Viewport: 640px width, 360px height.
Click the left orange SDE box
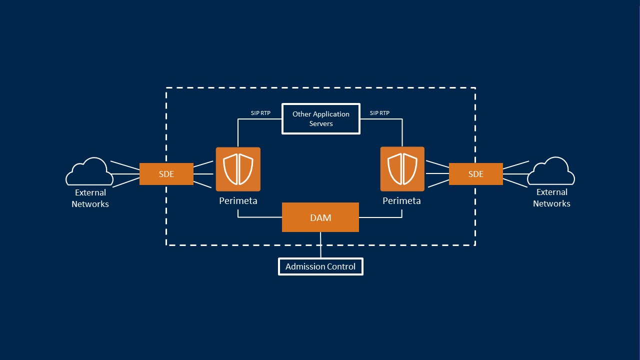166,174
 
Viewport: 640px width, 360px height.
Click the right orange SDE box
475,174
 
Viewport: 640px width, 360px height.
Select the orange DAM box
320,217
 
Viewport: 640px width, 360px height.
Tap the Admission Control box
320,266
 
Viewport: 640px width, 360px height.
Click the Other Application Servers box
320,118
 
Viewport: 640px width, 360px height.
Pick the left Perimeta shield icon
238,169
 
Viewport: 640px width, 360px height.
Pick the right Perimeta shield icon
402,169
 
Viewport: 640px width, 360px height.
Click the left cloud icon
90,171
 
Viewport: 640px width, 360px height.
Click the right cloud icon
551,171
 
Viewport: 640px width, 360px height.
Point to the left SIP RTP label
260,113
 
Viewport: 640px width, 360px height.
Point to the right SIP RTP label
379,113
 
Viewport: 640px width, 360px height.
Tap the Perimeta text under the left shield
238,201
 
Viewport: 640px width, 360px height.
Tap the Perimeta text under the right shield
401,201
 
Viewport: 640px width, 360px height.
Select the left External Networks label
90,198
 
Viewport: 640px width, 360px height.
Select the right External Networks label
551,197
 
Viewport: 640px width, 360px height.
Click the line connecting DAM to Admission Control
320,245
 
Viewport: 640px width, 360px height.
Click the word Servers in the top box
321,123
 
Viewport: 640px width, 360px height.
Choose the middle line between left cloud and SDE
125,174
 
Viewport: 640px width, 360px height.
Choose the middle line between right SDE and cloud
515,174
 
